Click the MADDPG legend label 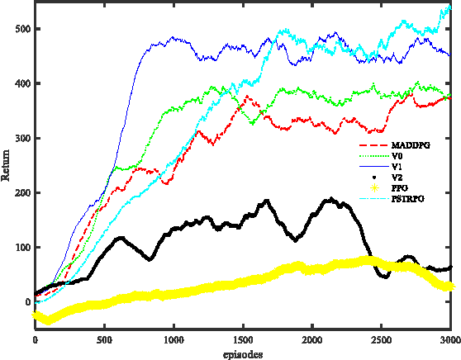(409, 144)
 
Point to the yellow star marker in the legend (373, 188)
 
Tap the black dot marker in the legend (373, 177)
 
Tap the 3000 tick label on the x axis (449, 339)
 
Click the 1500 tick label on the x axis (242, 339)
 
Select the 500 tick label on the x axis (104, 339)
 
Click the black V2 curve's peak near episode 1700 (266, 201)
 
